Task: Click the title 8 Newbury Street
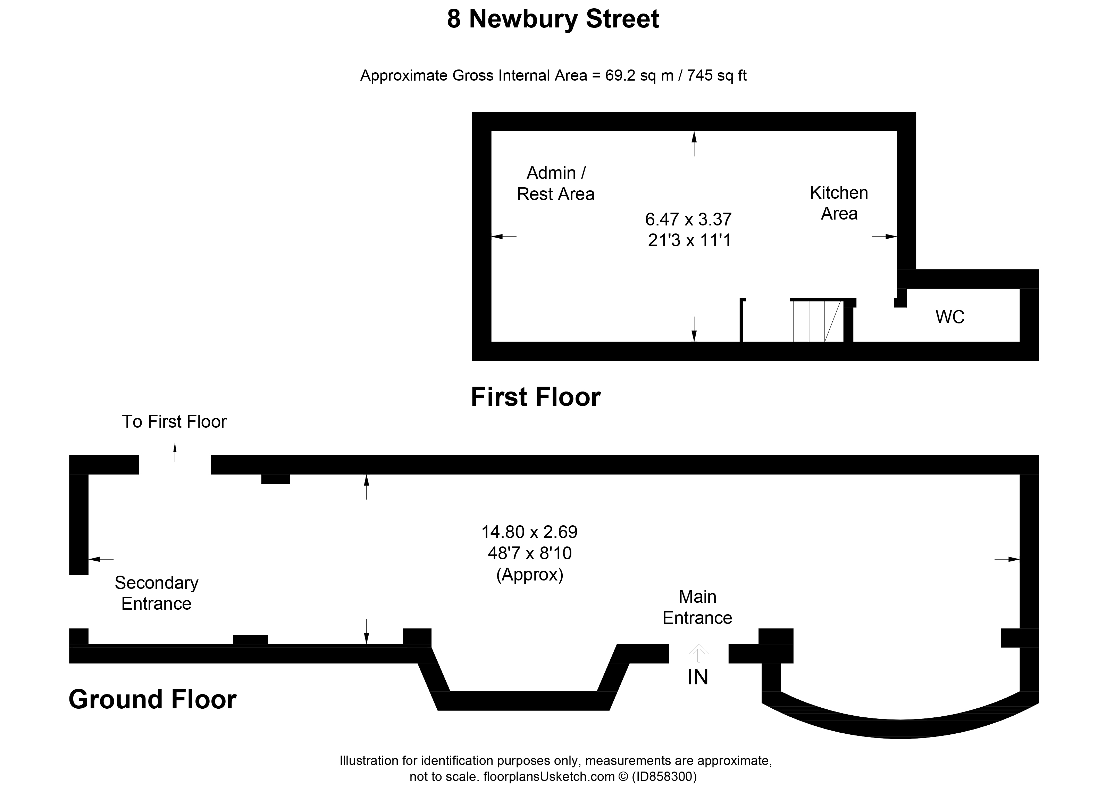pyautogui.click(x=553, y=19)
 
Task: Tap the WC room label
pyautogui.click(x=950, y=317)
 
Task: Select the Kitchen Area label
pyautogui.click(x=839, y=203)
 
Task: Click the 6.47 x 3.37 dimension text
pyautogui.click(x=688, y=219)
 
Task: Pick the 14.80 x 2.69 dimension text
pyautogui.click(x=530, y=532)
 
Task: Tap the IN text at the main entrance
pyautogui.click(x=697, y=677)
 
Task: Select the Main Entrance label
pyautogui.click(x=697, y=607)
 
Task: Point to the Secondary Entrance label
pyautogui.click(x=156, y=593)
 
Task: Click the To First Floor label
pyautogui.click(x=174, y=422)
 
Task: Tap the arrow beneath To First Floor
pyautogui.click(x=175, y=452)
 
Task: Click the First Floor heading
pyautogui.click(x=535, y=397)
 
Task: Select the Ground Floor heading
pyautogui.click(x=152, y=699)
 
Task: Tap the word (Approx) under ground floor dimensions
pyautogui.click(x=530, y=575)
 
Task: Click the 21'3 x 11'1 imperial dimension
pyautogui.click(x=689, y=240)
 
